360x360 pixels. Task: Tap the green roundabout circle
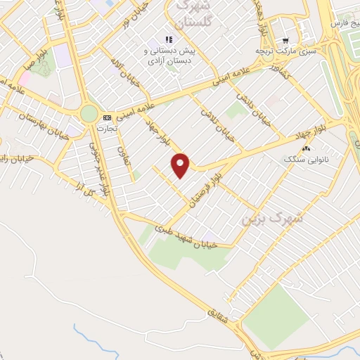(89, 113)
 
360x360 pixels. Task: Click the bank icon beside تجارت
(106, 117)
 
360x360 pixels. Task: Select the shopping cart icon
(285, 41)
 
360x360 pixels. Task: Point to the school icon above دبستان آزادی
(168, 39)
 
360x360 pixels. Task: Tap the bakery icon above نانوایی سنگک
(306, 148)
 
